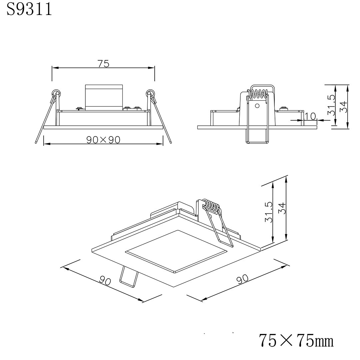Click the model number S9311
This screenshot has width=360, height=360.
tap(29, 9)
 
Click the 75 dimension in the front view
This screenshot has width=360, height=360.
tap(104, 64)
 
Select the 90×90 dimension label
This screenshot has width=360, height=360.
tap(103, 140)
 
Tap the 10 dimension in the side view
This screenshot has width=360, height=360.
tap(310, 116)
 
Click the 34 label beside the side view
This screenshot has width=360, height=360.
tap(343, 107)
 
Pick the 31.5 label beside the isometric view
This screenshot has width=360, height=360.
tap(268, 212)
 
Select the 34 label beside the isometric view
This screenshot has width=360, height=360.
tap(282, 208)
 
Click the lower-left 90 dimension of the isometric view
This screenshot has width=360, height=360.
tap(105, 281)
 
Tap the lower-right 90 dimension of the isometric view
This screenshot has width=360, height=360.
tap(242, 279)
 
